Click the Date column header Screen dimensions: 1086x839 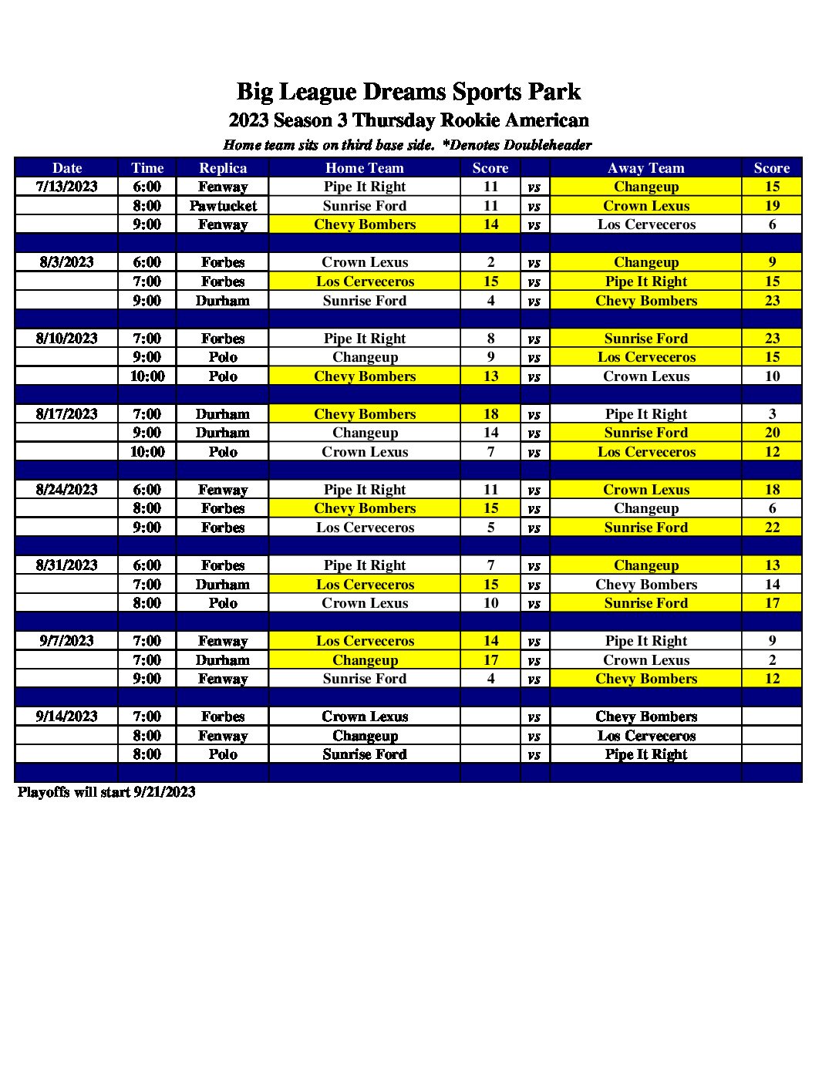tap(67, 168)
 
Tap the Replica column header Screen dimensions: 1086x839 tap(223, 168)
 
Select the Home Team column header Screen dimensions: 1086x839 tap(364, 168)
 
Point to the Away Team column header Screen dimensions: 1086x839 tap(645, 168)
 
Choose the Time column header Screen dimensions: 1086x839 tap(147, 168)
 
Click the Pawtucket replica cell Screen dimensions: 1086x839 tap(223, 206)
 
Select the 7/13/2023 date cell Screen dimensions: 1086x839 tap(67, 187)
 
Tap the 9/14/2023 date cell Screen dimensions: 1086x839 tap(67, 717)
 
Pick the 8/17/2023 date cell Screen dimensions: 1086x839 tap(67, 414)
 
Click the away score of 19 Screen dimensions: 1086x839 tap(772, 206)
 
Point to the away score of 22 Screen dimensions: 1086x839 tap(772, 528)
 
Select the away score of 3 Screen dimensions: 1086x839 tap(772, 414)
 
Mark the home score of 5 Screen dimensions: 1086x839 tap(490, 528)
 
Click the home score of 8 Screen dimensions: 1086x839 tap(490, 339)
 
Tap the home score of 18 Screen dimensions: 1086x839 tap(490, 414)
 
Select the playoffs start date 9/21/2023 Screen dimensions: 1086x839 tap(164, 792)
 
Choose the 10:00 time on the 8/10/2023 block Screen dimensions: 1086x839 tap(147, 376)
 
